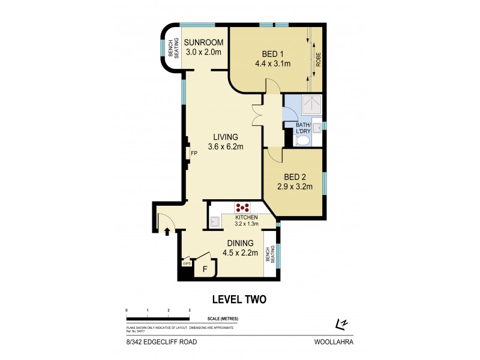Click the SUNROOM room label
point(204,43)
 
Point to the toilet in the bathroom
point(304,141)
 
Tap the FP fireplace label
point(194,154)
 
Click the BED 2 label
point(295,177)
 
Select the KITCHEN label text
point(246,217)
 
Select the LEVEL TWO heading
point(240,299)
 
